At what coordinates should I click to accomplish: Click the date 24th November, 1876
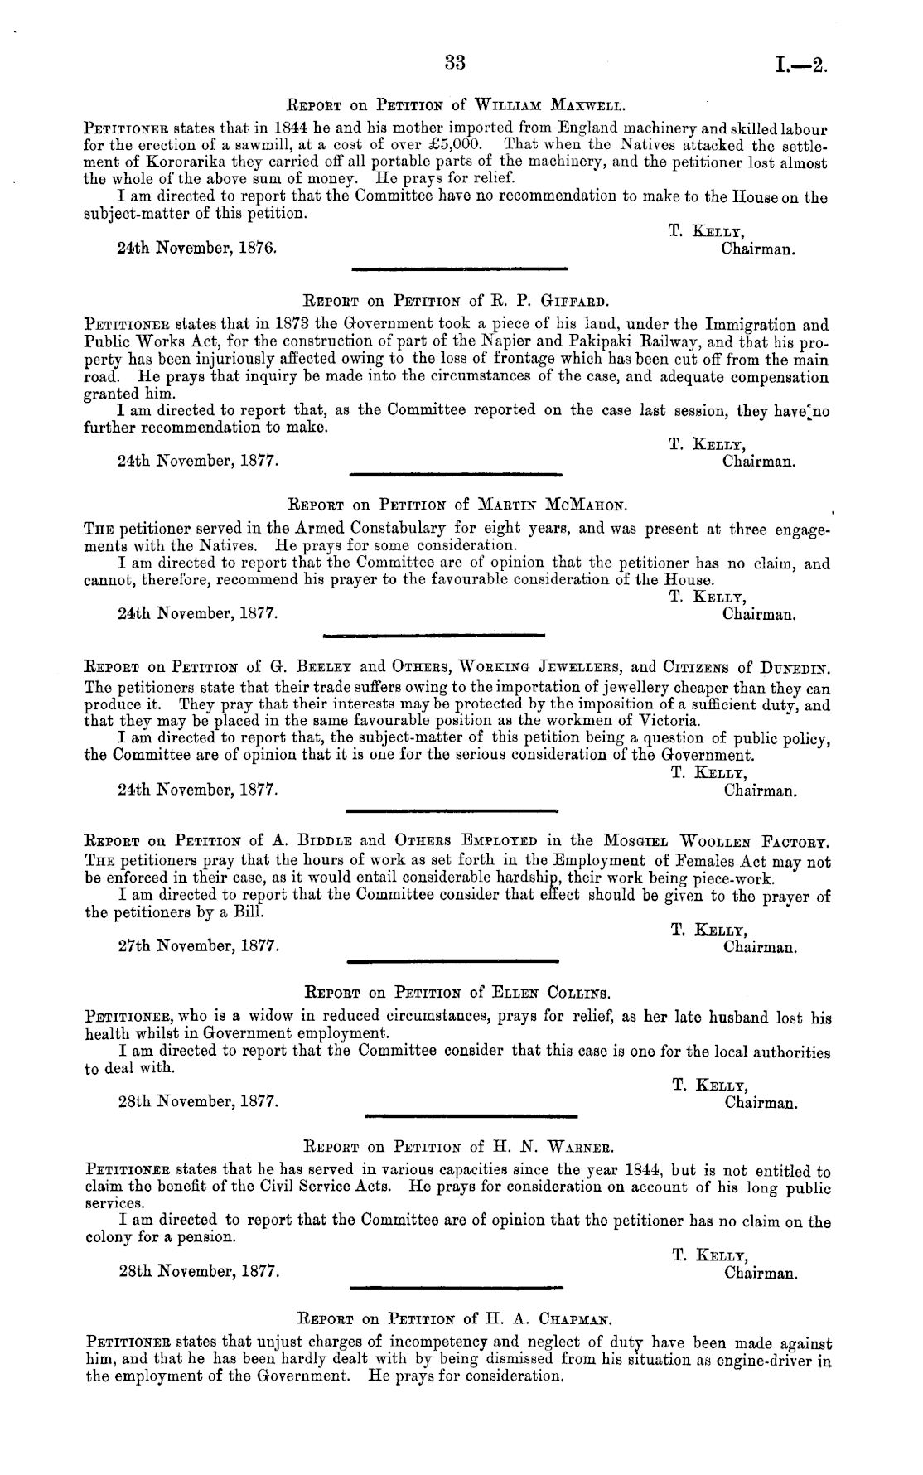click(x=197, y=248)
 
